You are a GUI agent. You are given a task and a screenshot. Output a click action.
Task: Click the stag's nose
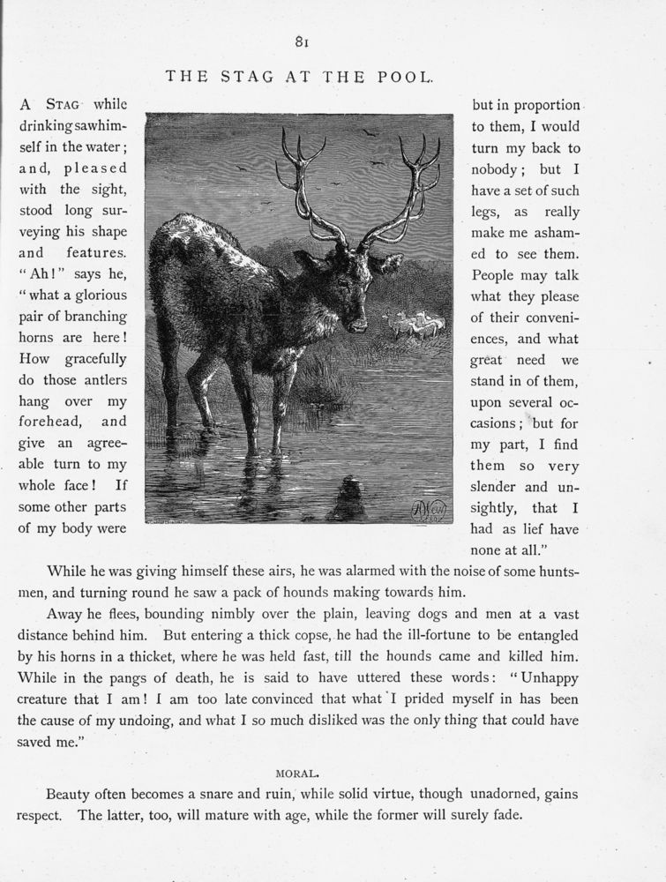tap(358, 325)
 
